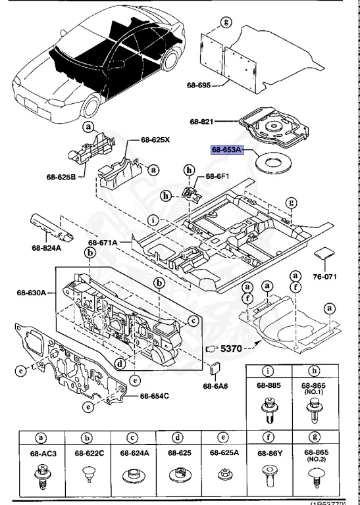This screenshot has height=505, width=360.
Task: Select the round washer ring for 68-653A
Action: (272, 161)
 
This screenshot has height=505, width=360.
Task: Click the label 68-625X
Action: (155, 139)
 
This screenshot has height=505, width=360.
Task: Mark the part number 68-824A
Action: (47, 249)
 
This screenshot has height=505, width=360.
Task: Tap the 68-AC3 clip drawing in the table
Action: (43, 473)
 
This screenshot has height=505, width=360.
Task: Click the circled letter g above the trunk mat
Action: (226, 23)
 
